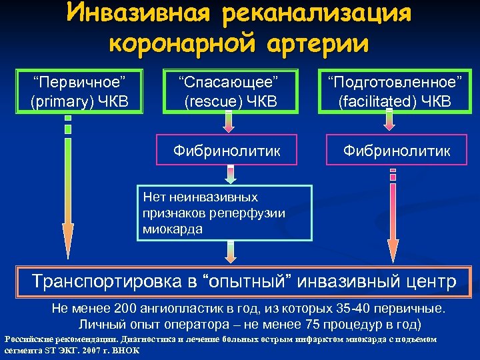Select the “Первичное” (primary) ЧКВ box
click(80, 91)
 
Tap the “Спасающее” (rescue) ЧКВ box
click(227, 91)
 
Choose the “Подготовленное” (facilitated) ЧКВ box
click(393, 91)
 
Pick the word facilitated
click(381, 101)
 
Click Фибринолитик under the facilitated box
click(395, 151)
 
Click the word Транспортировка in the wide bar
click(107, 281)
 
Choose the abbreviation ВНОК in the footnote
click(126, 349)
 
